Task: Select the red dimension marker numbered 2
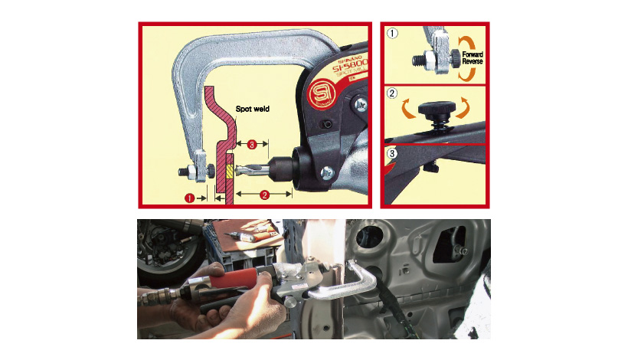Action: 263,195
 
